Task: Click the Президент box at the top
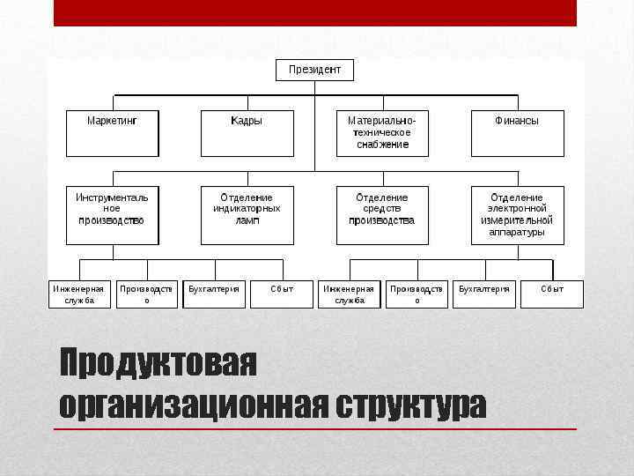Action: [x=314, y=70]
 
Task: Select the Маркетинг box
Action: [x=112, y=132]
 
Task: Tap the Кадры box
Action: [x=247, y=132]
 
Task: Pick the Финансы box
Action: [x=517, y=132]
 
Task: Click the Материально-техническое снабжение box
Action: [x=382, y=132]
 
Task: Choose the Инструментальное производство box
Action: [x=112, y=214]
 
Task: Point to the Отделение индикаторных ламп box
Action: [x=247, y=214]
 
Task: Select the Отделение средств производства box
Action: [x=382, y=214]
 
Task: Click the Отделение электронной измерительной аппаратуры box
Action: [x=517, y=214]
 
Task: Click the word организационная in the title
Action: [x=193, y=405]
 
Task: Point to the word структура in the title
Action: [x=409, y=405]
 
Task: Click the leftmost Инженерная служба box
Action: [x=78, y=294]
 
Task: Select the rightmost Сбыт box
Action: [x=552, y=294]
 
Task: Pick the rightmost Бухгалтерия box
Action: [x=484, y=294]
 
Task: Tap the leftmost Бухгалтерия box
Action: [x=214, y=294]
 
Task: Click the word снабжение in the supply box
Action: [x=382, y=145]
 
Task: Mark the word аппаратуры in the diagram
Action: [x=517, y=233]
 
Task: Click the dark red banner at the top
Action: [x=314, y=12]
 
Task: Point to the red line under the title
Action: [x=314, y=429]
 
